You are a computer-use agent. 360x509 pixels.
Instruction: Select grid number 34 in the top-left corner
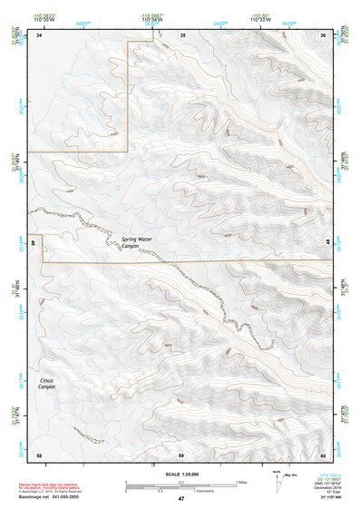pyautogui.click(x=39, y=34)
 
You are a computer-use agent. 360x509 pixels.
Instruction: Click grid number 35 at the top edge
pyautogui.click(x=181, y=34)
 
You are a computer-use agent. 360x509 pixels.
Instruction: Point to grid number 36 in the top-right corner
pyautogui.click(x=324, y=34)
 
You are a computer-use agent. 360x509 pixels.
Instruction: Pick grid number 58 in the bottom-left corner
pyautogui.click(x=39, y=454)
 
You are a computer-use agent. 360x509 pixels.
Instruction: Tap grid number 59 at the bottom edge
pyautogui.click(x=181, y=454)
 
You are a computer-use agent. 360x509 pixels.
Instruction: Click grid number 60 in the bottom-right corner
pyautogui.click(x=324, y=454)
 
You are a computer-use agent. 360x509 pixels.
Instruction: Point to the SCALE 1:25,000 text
pyautogui.click(x=180, y=474)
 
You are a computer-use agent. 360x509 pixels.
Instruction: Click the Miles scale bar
pyautogui.click(x=180, y=482)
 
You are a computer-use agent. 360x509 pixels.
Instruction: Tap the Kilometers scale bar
pyautogui.click(x=180, y=488)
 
